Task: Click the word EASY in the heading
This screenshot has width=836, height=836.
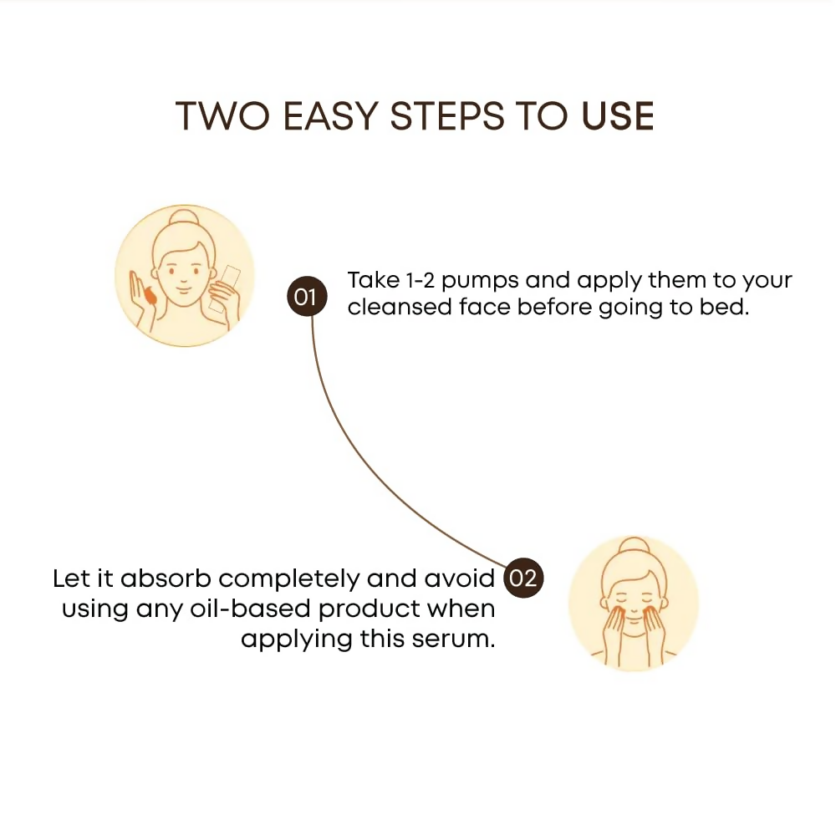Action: point(330,116)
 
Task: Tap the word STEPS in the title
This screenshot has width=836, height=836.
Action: point(447,116)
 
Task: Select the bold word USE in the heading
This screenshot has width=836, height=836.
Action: point(618,116)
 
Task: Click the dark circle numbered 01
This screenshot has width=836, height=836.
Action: point(307,296)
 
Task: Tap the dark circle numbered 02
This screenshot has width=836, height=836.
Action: point(523,578)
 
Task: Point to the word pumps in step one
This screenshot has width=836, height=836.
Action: point(480,282)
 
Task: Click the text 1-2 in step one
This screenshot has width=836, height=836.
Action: point(421,280)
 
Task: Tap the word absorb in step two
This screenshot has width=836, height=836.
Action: point(166,579)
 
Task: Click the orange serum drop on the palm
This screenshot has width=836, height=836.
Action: point(150,296)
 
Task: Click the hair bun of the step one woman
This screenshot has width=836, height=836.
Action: point(184,218)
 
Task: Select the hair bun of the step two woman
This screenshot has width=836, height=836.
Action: point(634,548)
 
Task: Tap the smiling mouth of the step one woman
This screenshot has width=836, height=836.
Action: point(183,290)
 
